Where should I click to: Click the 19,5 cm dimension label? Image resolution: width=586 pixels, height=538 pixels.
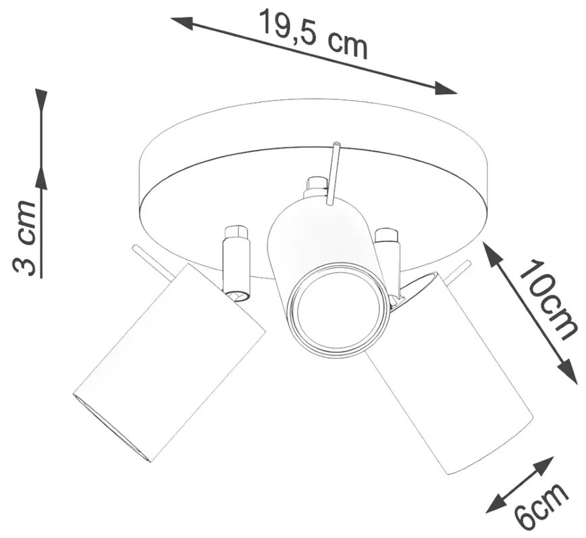tap(313, 35)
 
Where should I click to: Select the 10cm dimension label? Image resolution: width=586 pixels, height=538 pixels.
tap(547, 299)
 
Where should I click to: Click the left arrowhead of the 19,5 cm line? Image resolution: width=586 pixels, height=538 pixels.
tap(182, 23)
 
